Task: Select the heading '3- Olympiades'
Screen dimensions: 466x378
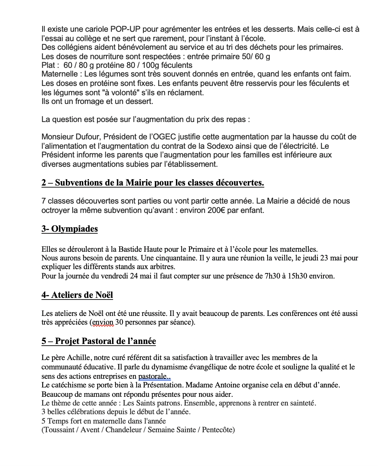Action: click(70, 229)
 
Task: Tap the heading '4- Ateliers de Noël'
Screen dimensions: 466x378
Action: click(77, 295)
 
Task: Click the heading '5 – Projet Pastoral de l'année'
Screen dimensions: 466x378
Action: click(99, 341)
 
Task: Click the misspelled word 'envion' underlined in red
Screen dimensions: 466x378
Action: click(103, 322)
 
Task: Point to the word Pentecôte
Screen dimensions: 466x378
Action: click(217, 430)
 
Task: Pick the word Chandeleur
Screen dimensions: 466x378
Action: click(123, 430)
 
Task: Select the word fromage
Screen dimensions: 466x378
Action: click(89, 101)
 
